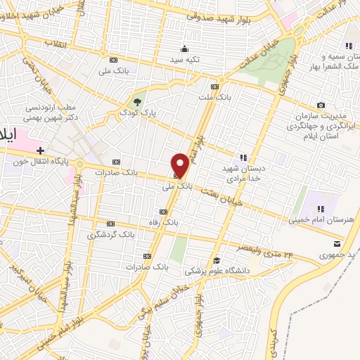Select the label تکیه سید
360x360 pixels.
click(x=184, y=60)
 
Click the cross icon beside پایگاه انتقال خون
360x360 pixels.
click(x=41, y=150)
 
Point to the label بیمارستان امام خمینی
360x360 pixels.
click(x=321, y=220)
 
